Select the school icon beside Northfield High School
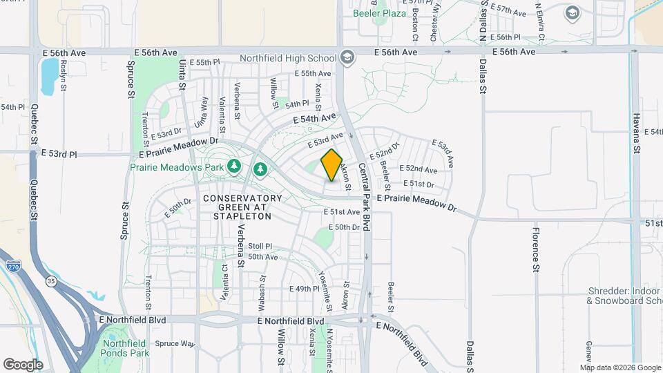coord(347,58)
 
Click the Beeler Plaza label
coord(379,13)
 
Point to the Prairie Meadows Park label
coord(176,167)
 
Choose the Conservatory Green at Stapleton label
coord(233,207)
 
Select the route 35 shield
coord(50,282)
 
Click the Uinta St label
coord(182,75)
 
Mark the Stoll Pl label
coord(260,246)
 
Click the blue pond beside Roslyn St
coord(49,76)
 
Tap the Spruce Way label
coord(175,343)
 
